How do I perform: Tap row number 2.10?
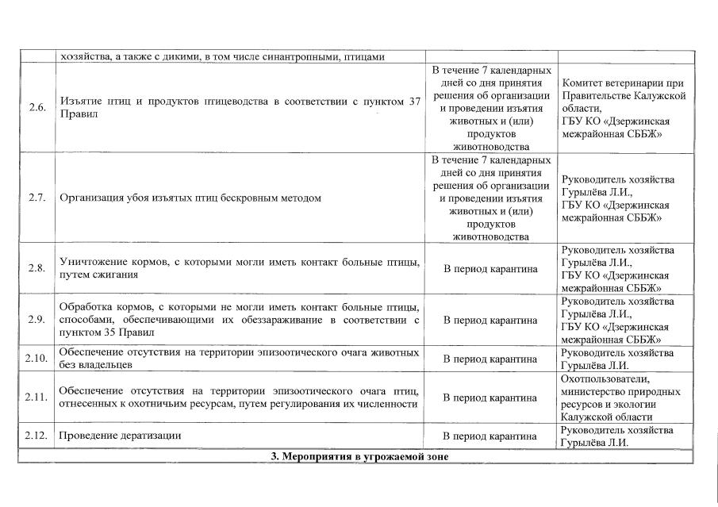36,359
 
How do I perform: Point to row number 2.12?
36,436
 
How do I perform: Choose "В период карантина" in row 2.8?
490,268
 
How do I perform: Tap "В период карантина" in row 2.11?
490,398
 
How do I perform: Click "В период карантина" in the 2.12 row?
490,436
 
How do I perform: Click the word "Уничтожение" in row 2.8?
93,261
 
